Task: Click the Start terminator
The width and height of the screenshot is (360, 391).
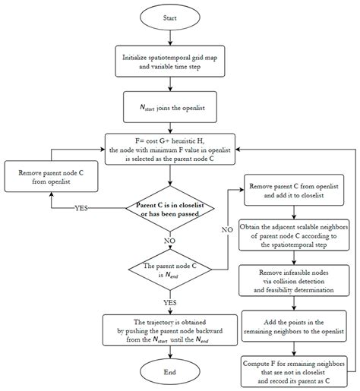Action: point(169,16)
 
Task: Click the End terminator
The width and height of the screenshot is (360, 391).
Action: point(169,371)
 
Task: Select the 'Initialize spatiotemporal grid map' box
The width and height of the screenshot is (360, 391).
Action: point(169,61)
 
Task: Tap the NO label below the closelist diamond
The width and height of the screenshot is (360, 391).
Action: point(169,242)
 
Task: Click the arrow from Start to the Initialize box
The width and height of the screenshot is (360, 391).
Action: point(169,37)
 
